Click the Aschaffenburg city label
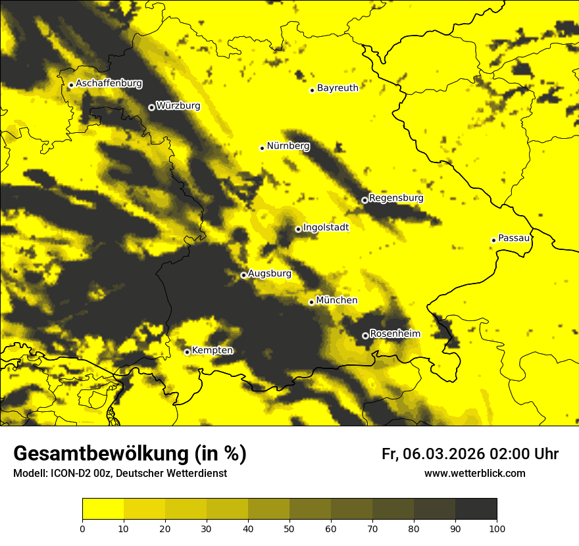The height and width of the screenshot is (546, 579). [109, 84]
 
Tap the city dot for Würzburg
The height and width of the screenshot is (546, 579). [151, 107]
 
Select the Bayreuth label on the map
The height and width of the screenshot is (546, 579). [338, 87]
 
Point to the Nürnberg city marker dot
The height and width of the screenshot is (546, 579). [262, 148]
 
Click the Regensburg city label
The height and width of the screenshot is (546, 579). [396, 197]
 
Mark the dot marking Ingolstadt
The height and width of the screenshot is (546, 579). [298, 229]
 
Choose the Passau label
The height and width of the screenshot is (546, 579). [514, 237]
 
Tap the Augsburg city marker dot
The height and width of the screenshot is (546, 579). [243, 275]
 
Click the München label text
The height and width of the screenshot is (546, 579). [337, 300]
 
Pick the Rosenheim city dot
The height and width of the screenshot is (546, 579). [365, 335]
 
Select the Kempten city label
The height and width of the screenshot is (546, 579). [212, 350]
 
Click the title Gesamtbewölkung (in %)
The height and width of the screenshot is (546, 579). [130, 454]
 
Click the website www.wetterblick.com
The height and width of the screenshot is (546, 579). [474, 473]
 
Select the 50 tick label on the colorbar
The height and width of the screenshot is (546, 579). [289, 528]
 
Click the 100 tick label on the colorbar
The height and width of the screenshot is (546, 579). [497, 528]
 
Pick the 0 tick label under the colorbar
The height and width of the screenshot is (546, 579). [82, 528]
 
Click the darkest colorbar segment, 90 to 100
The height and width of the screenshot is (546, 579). [476, 509]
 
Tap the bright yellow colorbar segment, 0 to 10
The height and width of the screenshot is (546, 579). [103, 509]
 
